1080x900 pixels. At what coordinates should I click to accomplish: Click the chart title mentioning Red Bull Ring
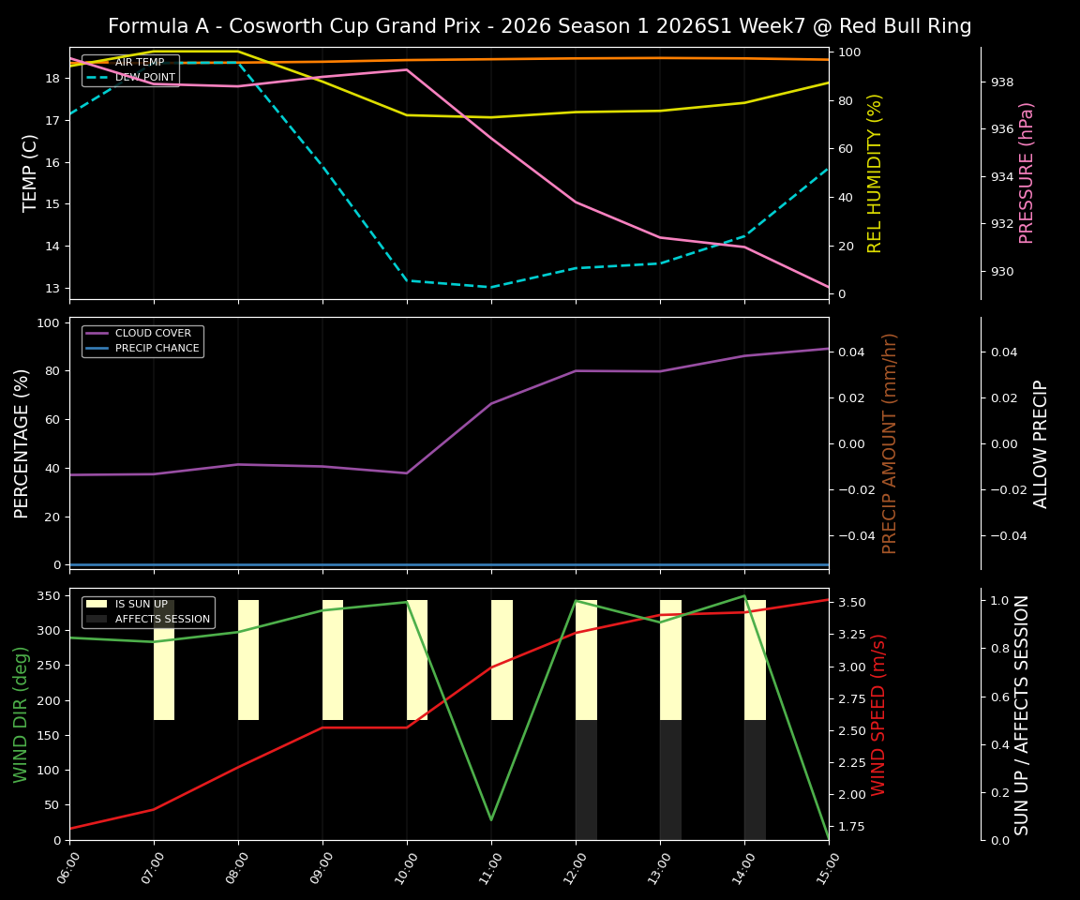tap(539, 26)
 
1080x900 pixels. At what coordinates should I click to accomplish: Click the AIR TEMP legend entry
tap(139, 63)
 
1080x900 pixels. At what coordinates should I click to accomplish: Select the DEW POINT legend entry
tap(144, 77)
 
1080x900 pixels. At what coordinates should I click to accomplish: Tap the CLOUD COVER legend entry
tap(153, 334)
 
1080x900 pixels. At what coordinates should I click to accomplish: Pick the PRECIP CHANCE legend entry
tap(157, 349)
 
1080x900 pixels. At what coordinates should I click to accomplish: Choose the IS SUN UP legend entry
tap(141, 605)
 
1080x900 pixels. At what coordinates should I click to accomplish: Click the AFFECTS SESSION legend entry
tap(161, 620)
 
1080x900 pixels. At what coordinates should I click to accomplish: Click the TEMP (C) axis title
tap(31, 172)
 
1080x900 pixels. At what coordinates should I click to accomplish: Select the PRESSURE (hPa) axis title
tap(1027, 172)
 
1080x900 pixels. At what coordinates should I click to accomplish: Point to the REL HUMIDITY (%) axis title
tap(876, 172)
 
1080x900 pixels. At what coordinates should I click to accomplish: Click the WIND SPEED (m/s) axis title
tap(878, 714)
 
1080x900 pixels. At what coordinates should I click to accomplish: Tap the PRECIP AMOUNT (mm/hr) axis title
tap(890, 442)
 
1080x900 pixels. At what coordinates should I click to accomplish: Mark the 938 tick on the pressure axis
tap(1002, 82)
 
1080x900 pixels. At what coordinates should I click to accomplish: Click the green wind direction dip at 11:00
tap(491, 819)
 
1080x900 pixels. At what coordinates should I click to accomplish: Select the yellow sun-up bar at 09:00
tap(333, 660)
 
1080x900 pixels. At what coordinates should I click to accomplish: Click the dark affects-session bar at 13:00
tap(670, 780)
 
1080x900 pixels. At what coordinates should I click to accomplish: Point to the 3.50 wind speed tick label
tap(854, 603)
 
